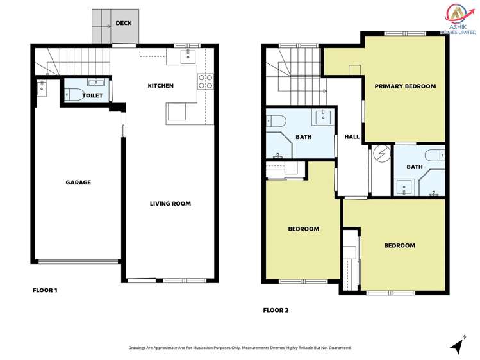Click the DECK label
[123, 24]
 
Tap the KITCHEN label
[160, 86]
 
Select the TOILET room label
[92, 95]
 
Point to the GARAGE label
[78, 183]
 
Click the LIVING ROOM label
[170, 204]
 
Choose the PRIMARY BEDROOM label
[405, 86]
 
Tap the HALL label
[352, 137]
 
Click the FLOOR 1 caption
[45, 290]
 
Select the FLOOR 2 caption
[276, 310]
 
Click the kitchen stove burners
[205, 81]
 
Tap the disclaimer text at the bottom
[240, 348]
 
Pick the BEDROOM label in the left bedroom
[303, 229]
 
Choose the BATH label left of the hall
[303, 137]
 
